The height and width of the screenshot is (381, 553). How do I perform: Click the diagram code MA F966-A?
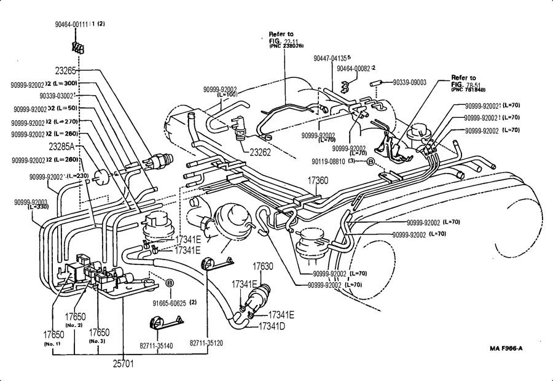pos(508,349)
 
